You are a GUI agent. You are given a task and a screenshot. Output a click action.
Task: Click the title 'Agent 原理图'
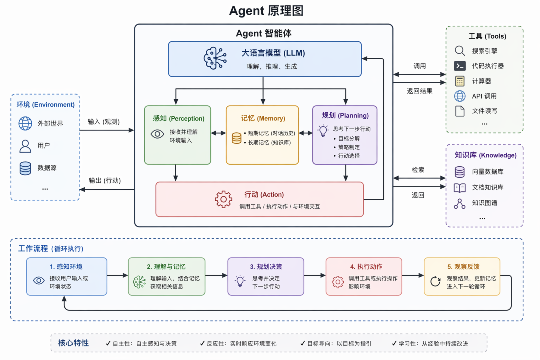(266, 11)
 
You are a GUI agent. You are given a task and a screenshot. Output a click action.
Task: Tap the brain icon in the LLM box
(215, 58)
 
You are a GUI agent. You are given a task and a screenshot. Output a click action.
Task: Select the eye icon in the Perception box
(157, 134)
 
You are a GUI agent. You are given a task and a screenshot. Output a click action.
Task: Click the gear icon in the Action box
(224, 199)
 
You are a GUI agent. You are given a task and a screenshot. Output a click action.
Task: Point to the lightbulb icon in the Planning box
(323, 131)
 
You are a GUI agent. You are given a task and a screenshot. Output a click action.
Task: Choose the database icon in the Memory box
(236, 138)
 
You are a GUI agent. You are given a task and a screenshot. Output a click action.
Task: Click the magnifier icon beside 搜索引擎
(460, 51)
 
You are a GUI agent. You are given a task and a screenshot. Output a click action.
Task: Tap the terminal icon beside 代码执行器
(460, 66)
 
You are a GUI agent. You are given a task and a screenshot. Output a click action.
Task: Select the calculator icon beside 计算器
(460, 81)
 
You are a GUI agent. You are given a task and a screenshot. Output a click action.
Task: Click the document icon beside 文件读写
(460, 111)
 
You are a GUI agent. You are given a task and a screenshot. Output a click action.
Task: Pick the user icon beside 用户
(25, 146)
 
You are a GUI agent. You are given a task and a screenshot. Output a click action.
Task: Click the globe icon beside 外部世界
(25, 123)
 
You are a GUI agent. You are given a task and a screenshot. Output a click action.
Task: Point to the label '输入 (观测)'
(103, 122)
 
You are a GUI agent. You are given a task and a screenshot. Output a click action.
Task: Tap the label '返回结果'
(419, 91)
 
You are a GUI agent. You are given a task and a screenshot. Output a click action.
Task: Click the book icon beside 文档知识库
(460, 188)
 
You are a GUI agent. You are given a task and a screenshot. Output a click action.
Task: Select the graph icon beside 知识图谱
(460, 204)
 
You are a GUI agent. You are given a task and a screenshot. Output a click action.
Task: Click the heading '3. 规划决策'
(266, 267)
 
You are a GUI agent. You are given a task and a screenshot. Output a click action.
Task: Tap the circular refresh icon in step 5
(435, 281)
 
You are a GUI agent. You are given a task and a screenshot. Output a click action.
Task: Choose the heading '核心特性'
(73, 343)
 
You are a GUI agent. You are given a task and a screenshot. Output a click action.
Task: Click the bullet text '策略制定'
(349, 147)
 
